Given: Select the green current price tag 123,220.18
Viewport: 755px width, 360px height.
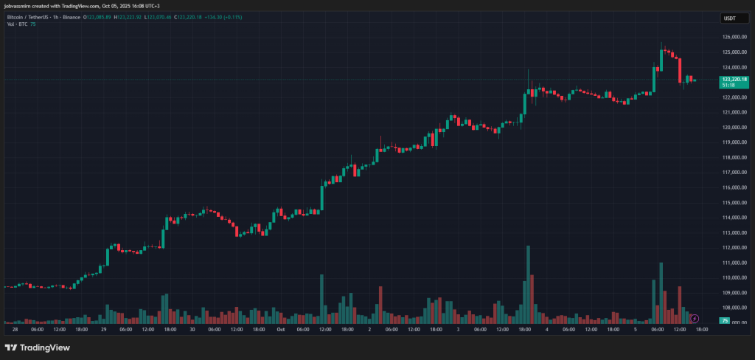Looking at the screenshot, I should (734, 79).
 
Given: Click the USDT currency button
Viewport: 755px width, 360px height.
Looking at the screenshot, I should (730, 18).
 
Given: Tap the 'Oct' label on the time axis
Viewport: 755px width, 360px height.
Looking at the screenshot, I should (281, 330).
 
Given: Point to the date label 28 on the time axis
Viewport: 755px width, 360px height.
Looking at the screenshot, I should (15, 330).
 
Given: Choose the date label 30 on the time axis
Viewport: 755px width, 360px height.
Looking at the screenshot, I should (192, 330).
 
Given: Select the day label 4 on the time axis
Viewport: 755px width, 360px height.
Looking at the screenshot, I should (546, 330).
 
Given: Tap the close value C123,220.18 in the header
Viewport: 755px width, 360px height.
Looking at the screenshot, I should (189, 16).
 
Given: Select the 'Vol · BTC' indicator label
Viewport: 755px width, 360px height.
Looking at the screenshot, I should (17, 24).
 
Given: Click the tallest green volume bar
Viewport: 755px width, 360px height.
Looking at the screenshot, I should (528, 283).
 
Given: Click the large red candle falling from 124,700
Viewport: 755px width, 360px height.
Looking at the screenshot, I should (680, 70).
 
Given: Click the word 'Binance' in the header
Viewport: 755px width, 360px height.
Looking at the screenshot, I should (72, 16).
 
